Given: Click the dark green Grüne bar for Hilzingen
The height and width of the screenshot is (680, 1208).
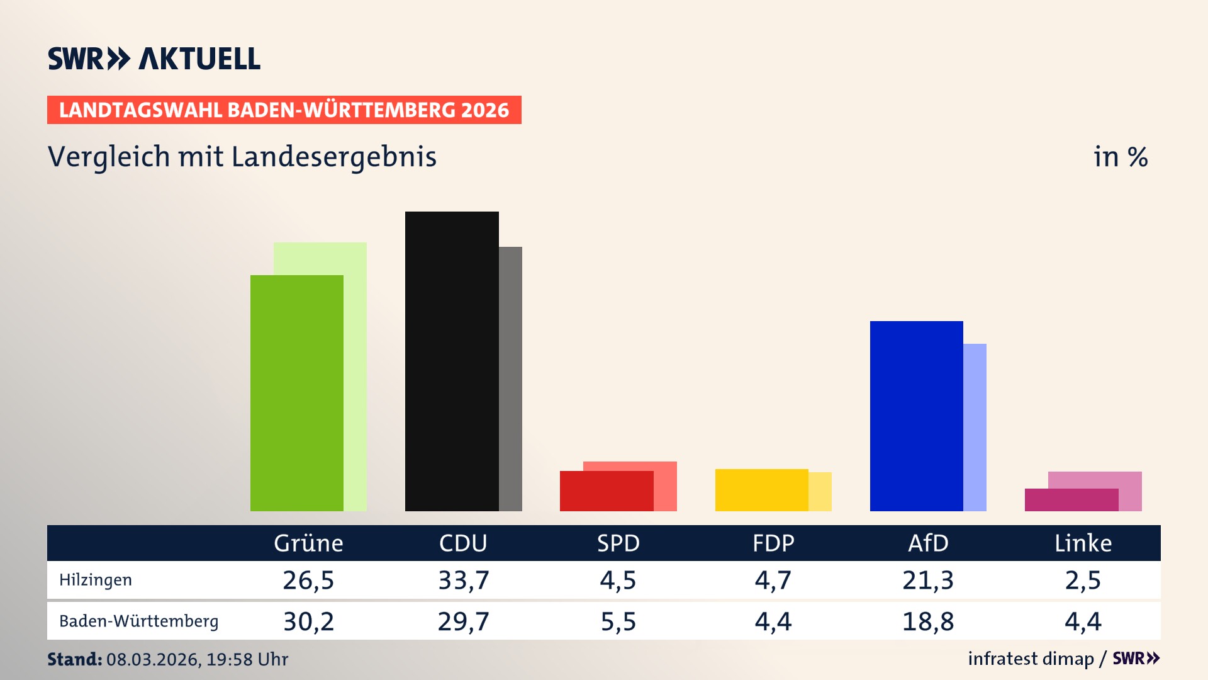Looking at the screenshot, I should pos(297,393).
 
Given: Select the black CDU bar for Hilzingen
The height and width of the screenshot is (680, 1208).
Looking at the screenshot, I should pos(452,361).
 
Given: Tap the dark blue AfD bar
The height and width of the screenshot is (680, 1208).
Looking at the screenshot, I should pos(916,416).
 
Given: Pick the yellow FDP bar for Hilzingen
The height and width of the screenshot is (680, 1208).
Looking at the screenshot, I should pos(761,490).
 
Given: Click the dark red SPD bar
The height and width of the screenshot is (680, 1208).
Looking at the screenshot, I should pos(607,491).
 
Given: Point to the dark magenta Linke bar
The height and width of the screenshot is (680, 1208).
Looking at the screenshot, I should pos(1071,500).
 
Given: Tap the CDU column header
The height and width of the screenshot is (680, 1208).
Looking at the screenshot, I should pos(463,543).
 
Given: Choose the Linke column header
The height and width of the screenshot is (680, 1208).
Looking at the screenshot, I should pos(1083,543).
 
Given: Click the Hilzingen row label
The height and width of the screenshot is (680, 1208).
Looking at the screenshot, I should pos(96,580).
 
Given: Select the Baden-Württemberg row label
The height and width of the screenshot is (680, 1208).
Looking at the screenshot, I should pos(138,621).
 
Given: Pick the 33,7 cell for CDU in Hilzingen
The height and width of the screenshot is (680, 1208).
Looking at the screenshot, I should pos(463,580).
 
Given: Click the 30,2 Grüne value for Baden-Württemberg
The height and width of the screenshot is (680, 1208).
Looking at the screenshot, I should pos(308,621).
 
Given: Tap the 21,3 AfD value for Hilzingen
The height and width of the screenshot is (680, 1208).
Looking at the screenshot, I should pos(928,580).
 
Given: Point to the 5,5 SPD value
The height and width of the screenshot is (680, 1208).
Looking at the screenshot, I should pos(618,621).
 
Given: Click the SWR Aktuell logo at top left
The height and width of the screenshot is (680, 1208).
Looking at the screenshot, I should pos(154,59).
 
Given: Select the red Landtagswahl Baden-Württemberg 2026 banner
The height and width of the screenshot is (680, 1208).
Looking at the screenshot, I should pos(284,110).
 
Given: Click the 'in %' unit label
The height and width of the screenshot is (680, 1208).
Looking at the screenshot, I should pos(1120,157).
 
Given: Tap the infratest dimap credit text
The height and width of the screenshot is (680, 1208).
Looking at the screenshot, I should pos(1031,659).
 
